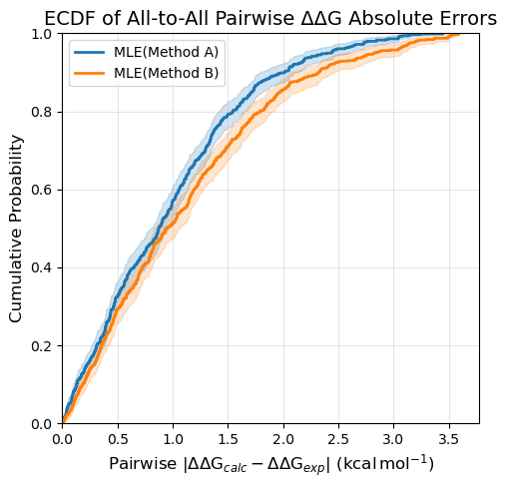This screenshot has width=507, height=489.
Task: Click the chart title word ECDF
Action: click(71, 19)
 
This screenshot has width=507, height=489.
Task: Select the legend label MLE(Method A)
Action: click(166, 52)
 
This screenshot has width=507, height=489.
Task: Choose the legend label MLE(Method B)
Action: click(166, 73)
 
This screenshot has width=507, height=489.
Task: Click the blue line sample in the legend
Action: click(89, 52)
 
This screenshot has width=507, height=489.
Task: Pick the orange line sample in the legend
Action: click(89, 73)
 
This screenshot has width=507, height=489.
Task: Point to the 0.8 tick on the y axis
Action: click(42, 112)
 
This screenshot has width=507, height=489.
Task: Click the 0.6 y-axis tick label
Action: click(42, 190)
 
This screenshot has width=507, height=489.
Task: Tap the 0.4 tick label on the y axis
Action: click(42, 267)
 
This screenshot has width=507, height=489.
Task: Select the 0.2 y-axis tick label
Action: click(42, 345)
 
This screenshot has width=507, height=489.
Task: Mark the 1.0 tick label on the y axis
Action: click(42, 34)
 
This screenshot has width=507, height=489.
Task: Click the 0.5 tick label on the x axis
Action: click(118, 439)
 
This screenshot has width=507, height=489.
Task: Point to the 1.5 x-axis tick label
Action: click(228, 439)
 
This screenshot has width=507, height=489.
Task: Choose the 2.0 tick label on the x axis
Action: click(283, 439)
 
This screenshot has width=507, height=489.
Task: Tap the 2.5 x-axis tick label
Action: click(338, 439)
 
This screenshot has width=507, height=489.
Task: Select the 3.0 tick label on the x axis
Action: click(394, 439)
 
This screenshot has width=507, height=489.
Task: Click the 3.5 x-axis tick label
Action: click(449, 439)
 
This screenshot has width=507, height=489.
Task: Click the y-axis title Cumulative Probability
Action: click(15, 229)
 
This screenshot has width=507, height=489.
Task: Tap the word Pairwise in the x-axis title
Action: click(144, 464)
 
